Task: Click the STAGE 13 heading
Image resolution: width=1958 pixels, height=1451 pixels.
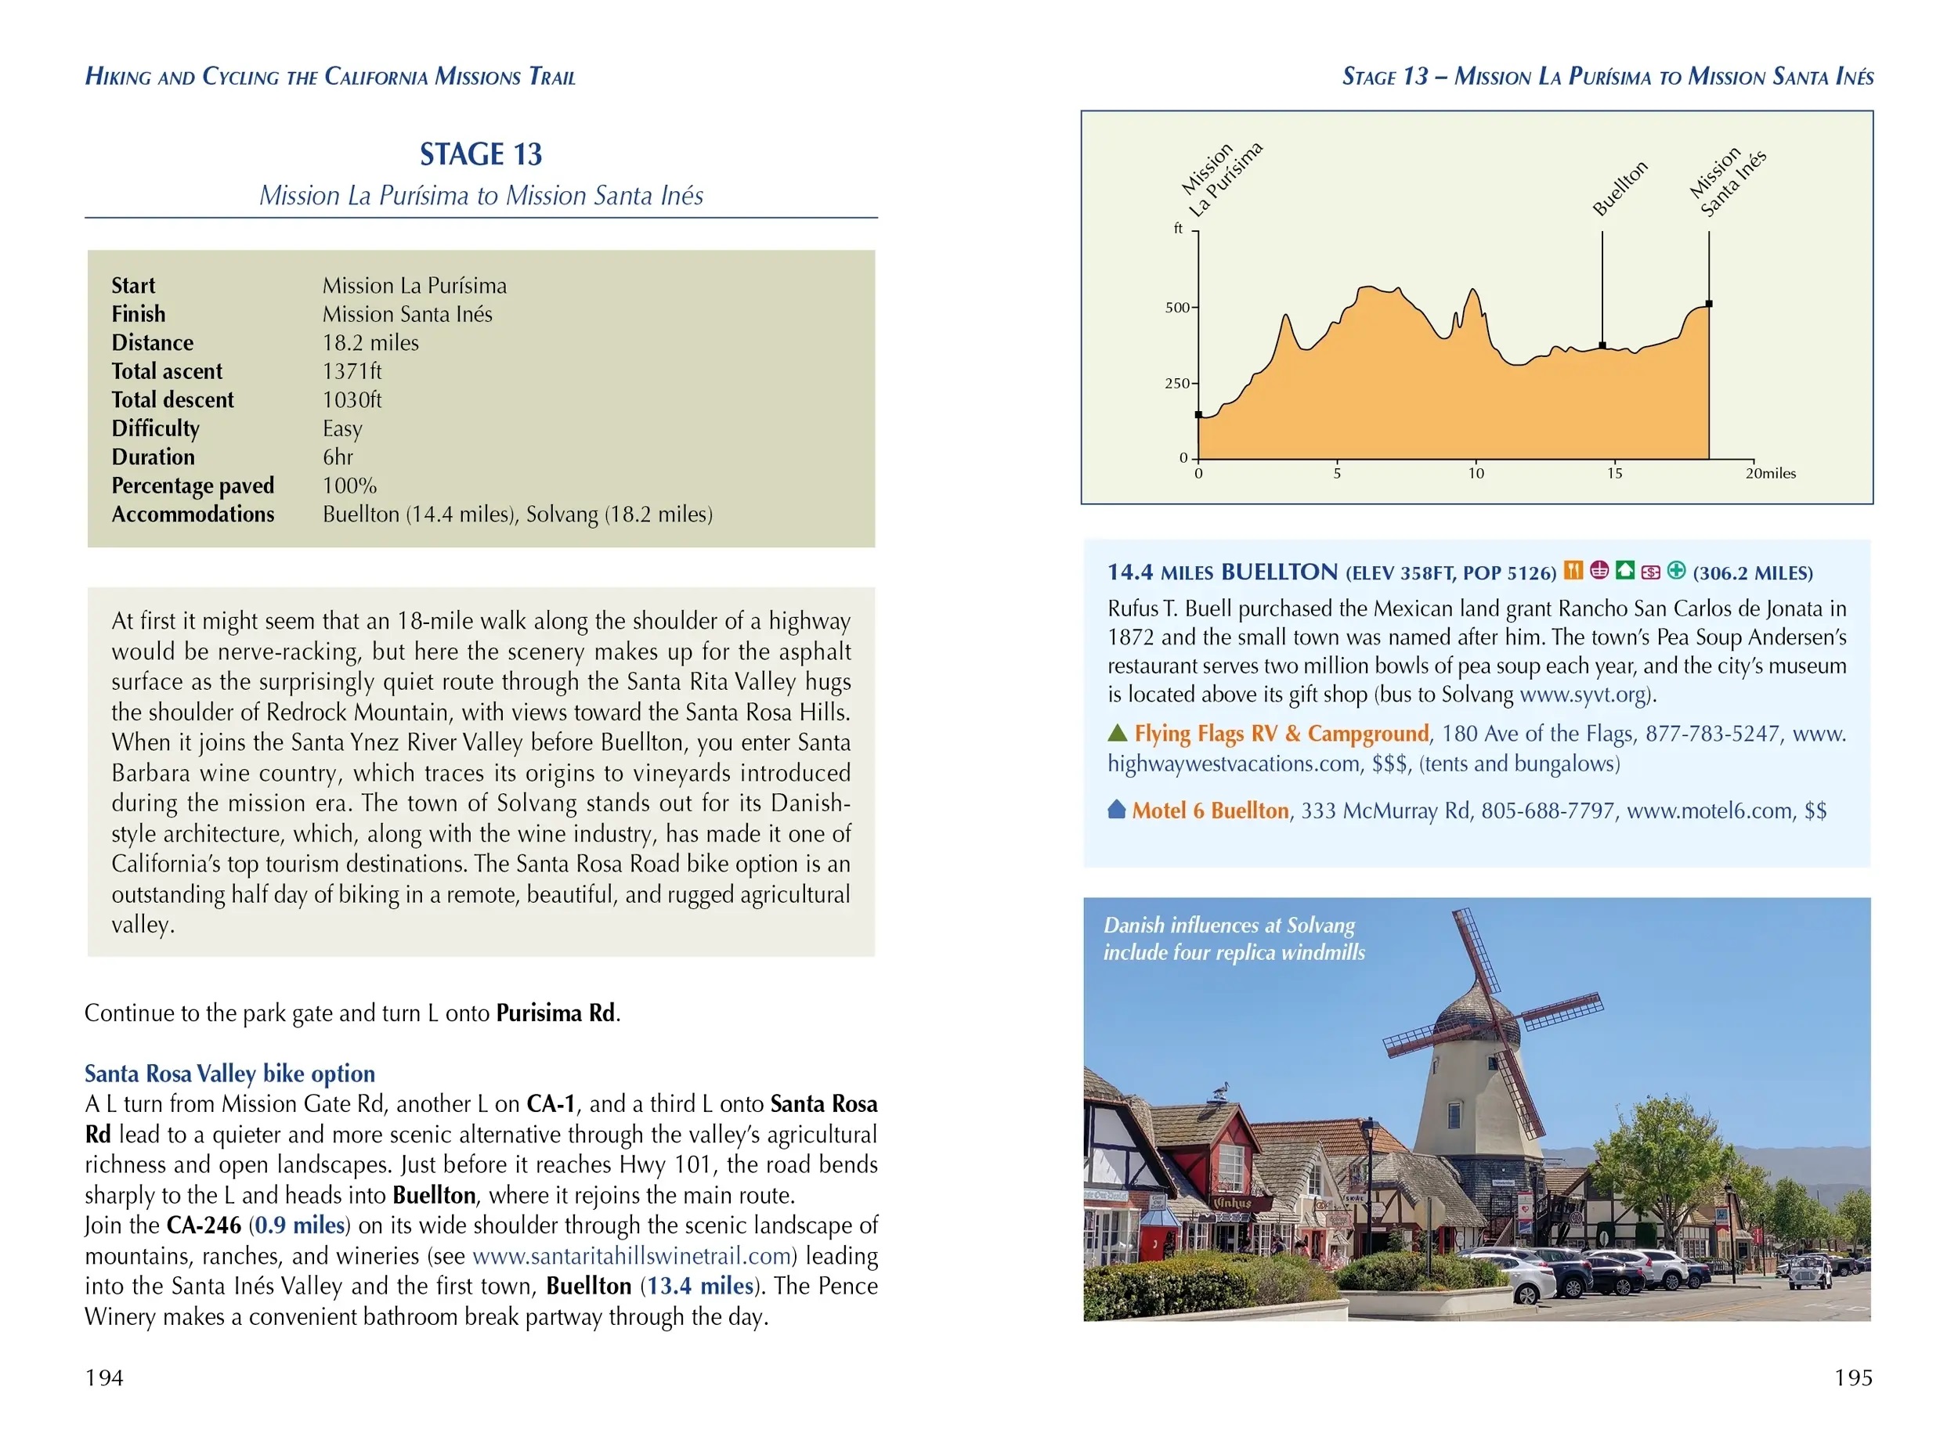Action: coord(481,154)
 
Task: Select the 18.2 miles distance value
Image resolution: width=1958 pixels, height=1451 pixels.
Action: coord(370,342)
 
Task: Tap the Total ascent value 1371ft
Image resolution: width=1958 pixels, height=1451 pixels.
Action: coord(352,371)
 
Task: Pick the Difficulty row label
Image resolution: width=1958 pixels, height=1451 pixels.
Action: coord(156,428)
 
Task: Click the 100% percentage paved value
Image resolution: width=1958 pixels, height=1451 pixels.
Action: coord(349,485)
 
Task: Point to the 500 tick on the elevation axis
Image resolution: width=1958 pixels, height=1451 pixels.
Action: coord(1177,308)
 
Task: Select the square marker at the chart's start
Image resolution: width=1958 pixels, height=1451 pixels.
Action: coord(1198,414)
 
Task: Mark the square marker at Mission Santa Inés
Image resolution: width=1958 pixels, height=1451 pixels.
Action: coord(1708,304)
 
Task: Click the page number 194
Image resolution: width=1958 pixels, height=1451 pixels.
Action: coord(103,1377)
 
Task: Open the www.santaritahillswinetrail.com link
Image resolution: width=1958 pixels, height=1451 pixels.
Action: coord(631,1256)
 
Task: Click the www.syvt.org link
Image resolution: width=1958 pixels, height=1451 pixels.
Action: coord(1582,695)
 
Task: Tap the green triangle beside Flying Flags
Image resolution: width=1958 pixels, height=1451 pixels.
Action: coord(1118,732)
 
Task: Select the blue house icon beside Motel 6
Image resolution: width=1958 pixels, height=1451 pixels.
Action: coord(1117,809)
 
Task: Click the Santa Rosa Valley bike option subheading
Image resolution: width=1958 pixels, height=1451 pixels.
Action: coord(229,1074)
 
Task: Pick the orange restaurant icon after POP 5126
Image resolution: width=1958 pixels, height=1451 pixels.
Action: coord(1573,571)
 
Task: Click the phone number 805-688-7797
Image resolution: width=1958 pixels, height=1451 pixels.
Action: coord(1547,810)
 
